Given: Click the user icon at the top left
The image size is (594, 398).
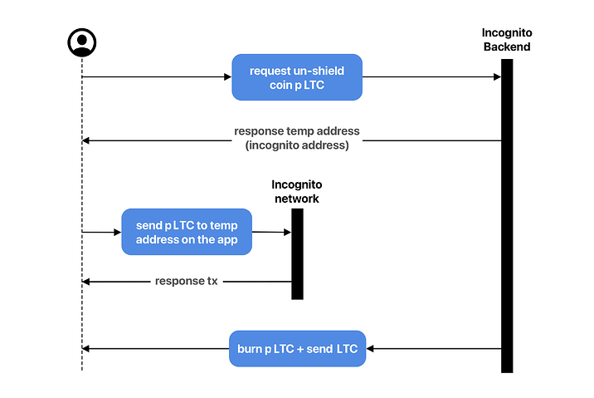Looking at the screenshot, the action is click(82, 42).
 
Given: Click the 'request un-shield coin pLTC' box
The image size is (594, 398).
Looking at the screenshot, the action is click(297, 77).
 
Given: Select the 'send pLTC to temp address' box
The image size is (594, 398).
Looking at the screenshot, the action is click(187, 232).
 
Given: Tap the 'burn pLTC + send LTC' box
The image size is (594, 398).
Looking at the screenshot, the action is click(297, 349).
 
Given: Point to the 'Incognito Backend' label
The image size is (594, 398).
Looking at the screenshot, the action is click(507, 40).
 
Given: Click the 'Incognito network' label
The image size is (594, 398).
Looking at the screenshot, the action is click(297, 192).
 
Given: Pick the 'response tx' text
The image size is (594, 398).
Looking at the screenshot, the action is click(187, 281).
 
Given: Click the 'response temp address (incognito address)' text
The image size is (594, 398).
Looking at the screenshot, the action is click(297, 138).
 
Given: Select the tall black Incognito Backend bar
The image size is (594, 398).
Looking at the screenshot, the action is click(507, 216).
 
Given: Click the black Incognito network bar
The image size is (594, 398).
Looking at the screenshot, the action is click(297, 254).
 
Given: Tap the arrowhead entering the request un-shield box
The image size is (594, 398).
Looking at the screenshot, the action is click(227, 77).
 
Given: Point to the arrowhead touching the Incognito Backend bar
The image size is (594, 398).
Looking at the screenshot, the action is click(498, 77).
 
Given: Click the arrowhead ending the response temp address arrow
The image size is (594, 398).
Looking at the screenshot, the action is click(86, 140).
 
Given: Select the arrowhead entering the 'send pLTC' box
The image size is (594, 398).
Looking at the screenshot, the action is click(118, 232).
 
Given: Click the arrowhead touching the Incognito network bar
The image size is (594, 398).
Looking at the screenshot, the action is click(288, 232).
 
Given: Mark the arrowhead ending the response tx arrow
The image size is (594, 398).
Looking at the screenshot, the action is click(86, 282).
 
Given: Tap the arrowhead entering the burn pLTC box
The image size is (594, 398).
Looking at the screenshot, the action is click(370, 349).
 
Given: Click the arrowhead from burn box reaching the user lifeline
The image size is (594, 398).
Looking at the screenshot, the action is click(86, 349).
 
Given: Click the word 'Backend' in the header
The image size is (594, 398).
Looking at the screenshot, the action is click(507, 47).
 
